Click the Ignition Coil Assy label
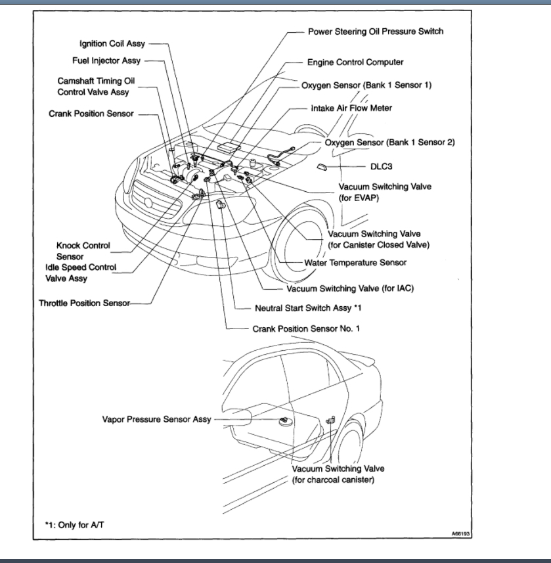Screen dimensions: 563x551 [112, 44]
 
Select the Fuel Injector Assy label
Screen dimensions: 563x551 [108, 61]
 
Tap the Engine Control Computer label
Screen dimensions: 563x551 [355, 62]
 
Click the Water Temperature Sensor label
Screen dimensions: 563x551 [355, 262]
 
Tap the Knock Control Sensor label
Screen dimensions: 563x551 [83, 250]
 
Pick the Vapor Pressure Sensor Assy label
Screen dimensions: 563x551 [157, 419]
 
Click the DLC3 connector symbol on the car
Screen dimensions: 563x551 [322, 166]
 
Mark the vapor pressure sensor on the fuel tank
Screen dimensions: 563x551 [286, 420]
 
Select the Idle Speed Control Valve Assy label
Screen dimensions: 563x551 [81, 273]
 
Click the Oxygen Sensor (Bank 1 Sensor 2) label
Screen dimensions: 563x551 [390, 142]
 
